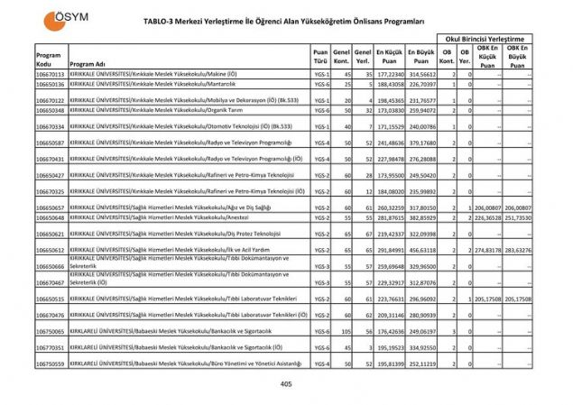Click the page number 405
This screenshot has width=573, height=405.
pos(286,385)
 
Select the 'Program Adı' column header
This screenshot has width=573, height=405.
pos(88,64)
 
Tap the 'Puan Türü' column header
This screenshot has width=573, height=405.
pos(320,59)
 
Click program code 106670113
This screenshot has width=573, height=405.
pos(51,74)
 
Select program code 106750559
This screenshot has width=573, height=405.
pos(51,364)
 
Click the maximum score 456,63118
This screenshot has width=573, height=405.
pos(421,250)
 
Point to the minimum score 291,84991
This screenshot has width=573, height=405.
pos(390,250)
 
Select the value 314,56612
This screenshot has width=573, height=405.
pos(421,74)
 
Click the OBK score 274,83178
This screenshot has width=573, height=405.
pos(486,250)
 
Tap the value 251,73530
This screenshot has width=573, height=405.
pos(517,217)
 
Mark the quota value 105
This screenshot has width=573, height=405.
pos(342,331)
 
